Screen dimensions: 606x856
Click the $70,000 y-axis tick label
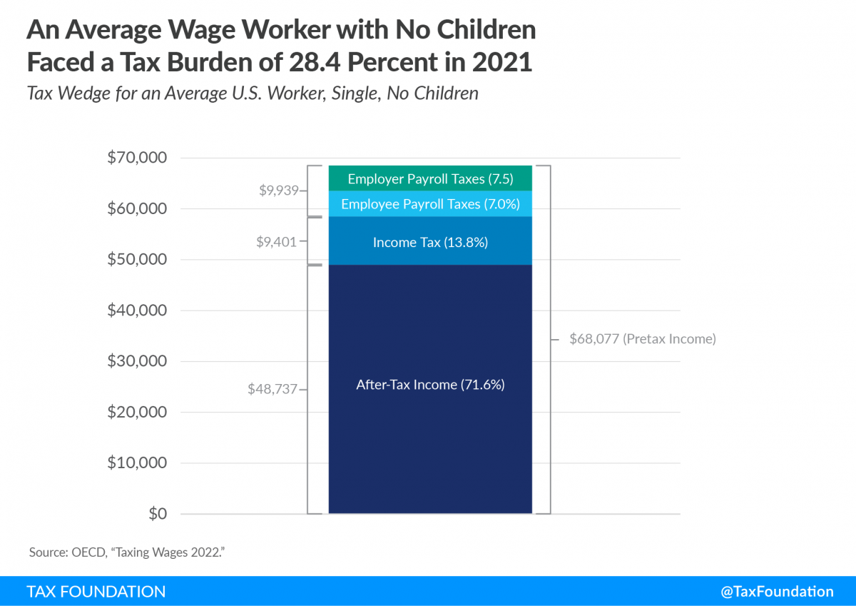point(137,158)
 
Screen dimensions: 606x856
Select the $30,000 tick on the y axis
point(137,361)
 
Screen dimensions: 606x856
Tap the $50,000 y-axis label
point(137,259)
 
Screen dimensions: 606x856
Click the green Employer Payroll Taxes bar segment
point(430,178)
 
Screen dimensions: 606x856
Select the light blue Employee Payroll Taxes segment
point(430,204)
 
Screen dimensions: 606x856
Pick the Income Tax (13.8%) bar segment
point(430,242)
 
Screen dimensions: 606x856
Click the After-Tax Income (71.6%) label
point(430,384)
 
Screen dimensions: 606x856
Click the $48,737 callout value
point(272,390)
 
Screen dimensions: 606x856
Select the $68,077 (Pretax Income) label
point(642,339)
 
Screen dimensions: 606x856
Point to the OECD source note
point(128,552)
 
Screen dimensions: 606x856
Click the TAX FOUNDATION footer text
point(96,591)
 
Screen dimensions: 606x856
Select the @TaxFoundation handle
point(777,591)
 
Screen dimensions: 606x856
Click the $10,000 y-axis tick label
point(137,463)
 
